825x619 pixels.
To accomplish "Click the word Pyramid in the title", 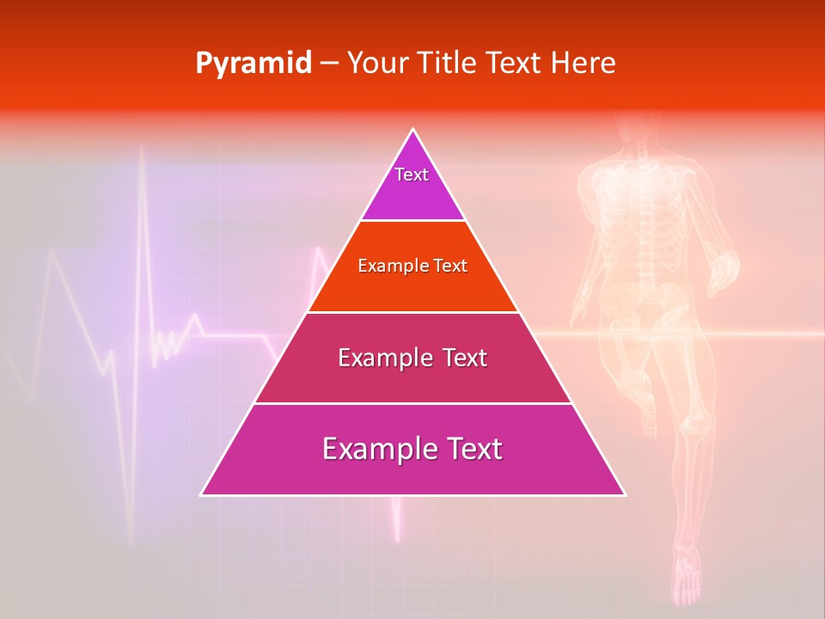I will pyautogui.click(x=254, y=64).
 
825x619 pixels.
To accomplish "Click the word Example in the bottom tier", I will pyautogui.click(x=372, y=449).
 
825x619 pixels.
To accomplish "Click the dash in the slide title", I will pyautogui.click(x=329, y=64).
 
